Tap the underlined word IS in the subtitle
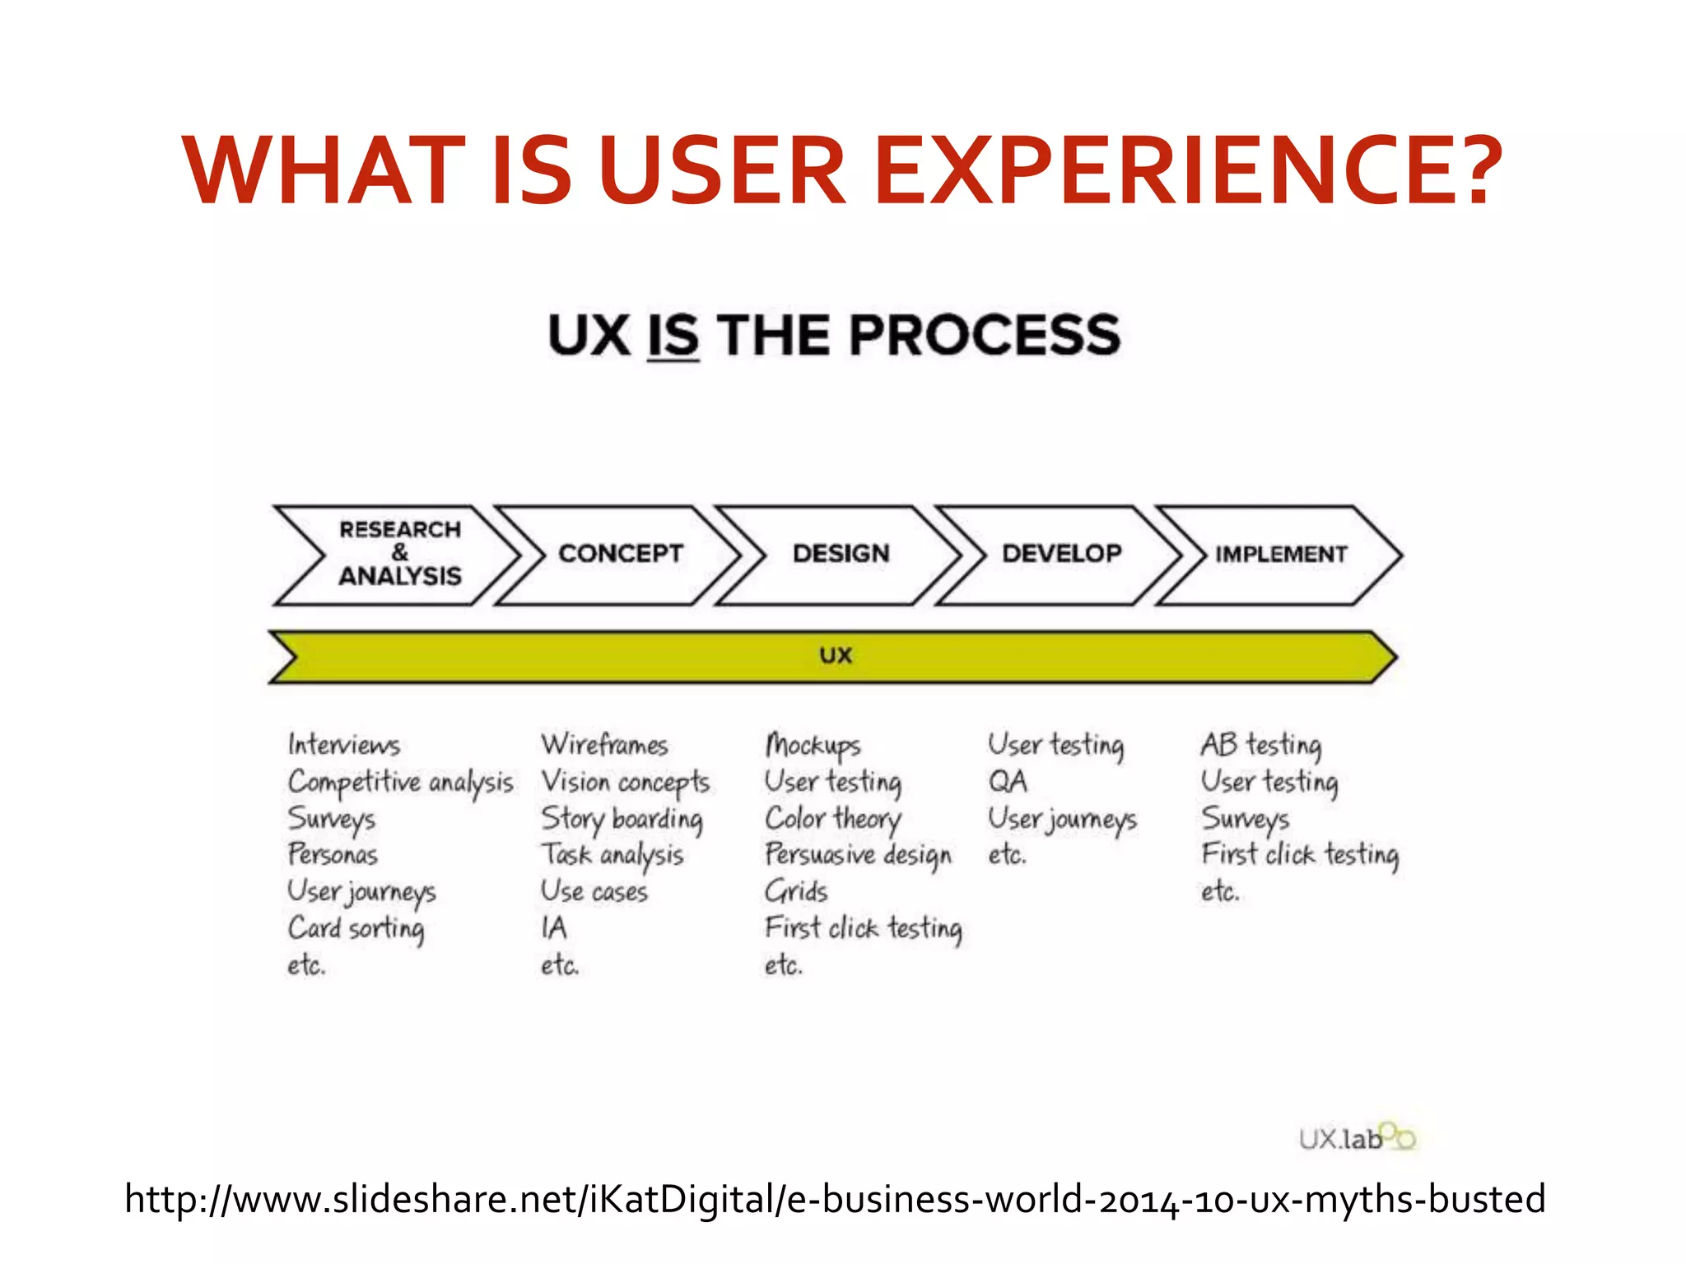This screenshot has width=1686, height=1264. click(673, 336)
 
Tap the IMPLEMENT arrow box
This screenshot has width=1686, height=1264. click(1281, 554)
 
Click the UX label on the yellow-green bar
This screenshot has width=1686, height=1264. click(836, 656)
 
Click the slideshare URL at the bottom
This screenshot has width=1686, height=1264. click(835, 1199)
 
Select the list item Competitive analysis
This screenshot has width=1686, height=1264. click(400, 782)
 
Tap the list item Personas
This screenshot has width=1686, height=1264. click(333, 854)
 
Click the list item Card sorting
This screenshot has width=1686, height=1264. click(356, 928)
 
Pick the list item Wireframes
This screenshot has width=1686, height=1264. click(604, 745)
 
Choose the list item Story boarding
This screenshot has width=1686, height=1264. click(622, 819)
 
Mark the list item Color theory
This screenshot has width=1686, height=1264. click(833, 819)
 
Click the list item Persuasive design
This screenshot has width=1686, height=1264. click(858, 855)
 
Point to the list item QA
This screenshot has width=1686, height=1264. click(1008, 781)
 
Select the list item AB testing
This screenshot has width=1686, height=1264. click(1261, 745)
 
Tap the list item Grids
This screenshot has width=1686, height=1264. click(796, 891)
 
